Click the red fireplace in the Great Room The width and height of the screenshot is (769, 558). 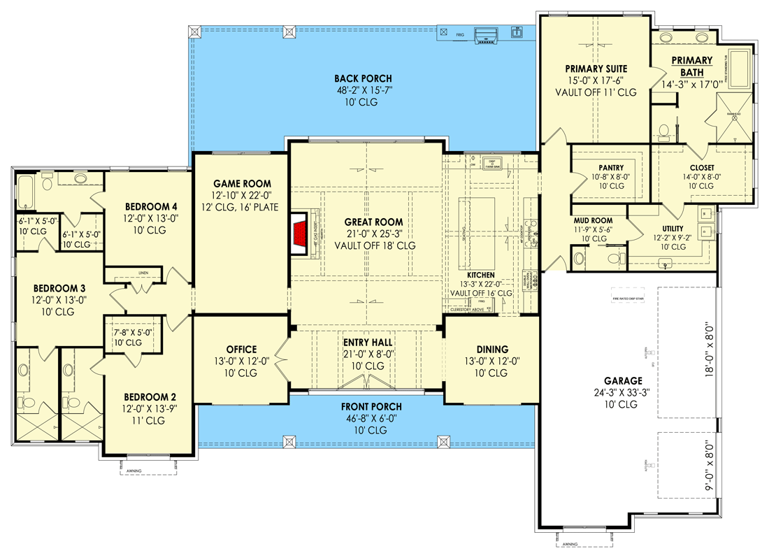point(300,235)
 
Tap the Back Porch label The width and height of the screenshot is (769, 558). point(363,79)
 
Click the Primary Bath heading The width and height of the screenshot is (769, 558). point(692,66)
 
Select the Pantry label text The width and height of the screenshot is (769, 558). point(611,168)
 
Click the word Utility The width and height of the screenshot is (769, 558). point(674,228)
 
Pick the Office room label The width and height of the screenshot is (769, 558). point(241,350)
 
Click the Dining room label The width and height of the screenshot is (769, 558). point(492,350)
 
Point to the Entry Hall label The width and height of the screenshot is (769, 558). point(367,343)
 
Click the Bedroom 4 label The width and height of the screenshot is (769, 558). point(151,207)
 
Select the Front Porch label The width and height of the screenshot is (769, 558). point(371,407)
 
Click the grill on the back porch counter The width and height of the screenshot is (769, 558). point(484,34)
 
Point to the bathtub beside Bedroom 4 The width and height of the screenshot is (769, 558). point(26,192)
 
